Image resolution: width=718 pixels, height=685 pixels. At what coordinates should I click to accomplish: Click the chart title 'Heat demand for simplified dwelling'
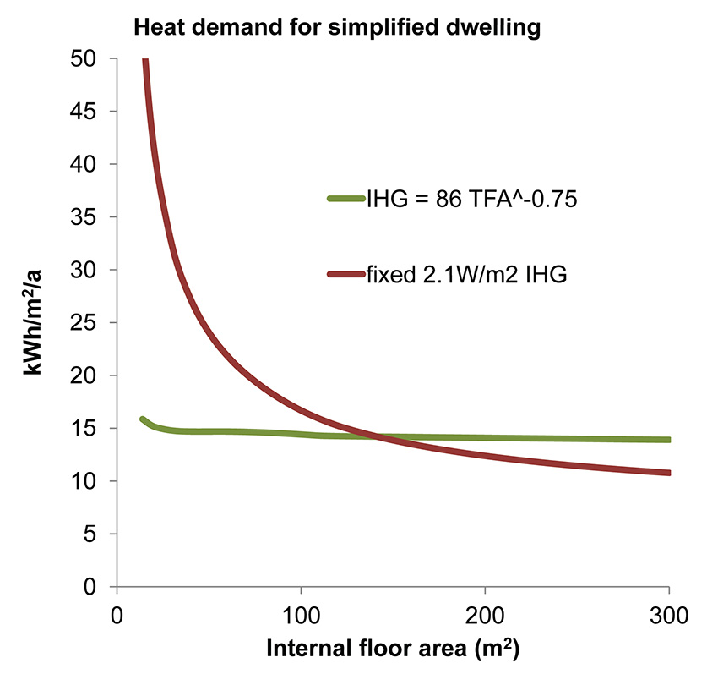pos(336,27)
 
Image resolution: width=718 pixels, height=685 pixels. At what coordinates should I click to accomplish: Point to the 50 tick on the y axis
pos(86,59)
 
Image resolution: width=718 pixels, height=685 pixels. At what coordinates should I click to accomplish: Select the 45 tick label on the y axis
pos(86,112)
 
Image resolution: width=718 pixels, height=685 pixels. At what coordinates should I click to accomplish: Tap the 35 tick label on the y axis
pos(86,217)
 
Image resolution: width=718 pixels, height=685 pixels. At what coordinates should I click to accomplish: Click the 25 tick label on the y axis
pos(86,323)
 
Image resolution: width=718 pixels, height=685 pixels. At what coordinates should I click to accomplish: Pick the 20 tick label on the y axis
pos(86,375)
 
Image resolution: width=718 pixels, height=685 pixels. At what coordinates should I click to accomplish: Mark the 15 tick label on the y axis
pos(86,429)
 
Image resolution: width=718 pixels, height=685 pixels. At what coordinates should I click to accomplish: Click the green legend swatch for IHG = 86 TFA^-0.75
pos(345,199)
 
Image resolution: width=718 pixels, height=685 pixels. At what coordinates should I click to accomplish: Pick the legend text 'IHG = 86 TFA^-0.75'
pos(471,200)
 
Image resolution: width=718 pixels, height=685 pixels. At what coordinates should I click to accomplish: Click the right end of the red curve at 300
pos(668,472)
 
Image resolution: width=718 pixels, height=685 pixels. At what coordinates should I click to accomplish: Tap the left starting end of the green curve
pos(143,419)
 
